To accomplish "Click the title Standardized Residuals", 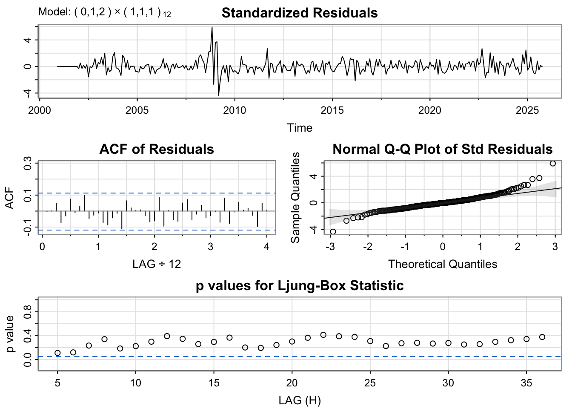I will click(x=299, y=13).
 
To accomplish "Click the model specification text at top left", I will click(x=104, y=12).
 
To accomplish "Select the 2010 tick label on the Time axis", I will click(x=235, y=110).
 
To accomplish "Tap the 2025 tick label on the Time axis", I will click(x=527, y=110).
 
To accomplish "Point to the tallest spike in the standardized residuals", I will click(x=212, y=28).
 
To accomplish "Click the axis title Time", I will click(x=299, y=128).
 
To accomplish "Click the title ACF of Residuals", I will click(x=156, y=149).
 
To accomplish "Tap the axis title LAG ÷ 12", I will click(x=156, y=264).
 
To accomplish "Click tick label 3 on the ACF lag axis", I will click(x=210, y=247).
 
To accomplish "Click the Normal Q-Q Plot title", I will click(x=442, y=149).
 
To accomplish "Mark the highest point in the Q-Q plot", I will click(x=552, y=164).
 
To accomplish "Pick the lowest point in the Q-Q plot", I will click(x=333, y=232).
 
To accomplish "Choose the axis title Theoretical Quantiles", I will click(x=442, y=264).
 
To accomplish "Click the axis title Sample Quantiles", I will click(x=295, y=197).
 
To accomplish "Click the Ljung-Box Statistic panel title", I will click(x=299, y=285).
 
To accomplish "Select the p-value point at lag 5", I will click(x=57, y=353).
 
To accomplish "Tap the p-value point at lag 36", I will click(x=542, y=337).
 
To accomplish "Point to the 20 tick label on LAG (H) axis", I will click(x=292, y=383).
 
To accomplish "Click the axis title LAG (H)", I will click(x=299, y=400).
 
